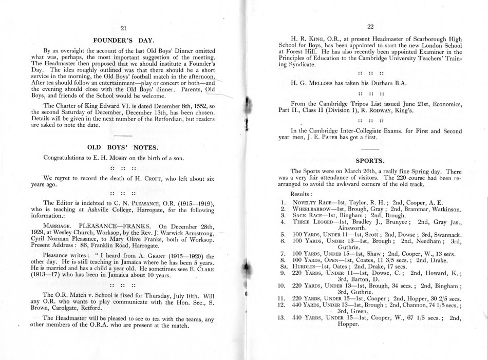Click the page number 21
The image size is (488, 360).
pos(122,28)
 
